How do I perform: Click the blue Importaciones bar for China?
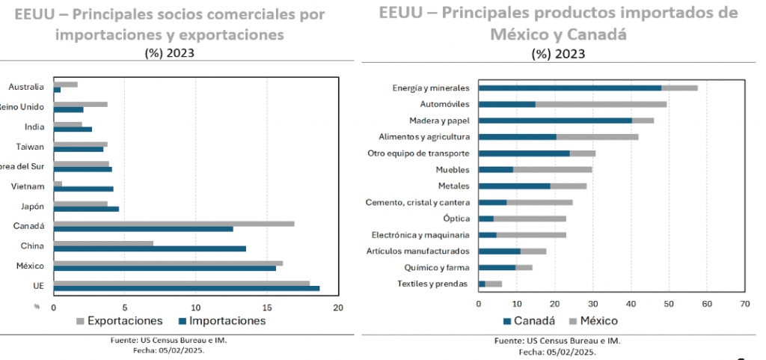(150, 248)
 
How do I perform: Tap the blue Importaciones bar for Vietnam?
(84, 189)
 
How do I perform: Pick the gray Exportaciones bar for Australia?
(65, 84)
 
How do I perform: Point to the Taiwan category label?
(30, 146)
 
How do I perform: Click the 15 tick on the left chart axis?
(267, 308)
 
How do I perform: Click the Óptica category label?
(456, 219)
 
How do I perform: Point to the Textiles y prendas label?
(432, 284)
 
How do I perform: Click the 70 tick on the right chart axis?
(744, 304)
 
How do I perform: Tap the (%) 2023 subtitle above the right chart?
(558, 54)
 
